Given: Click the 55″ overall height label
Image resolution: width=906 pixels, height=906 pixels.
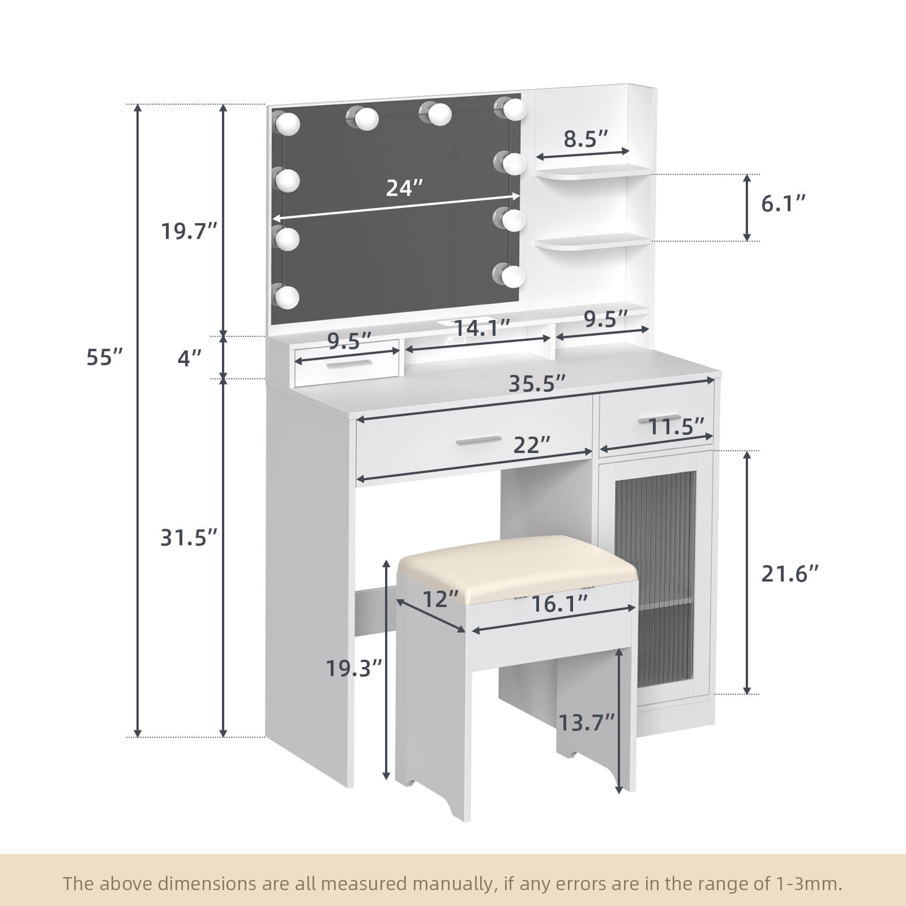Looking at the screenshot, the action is click(x=104, y=357).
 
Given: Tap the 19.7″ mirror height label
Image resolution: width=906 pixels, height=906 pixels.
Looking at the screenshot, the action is click(x=189, y=231).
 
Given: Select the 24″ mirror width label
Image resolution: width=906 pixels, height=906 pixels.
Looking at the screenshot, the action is click(x=404, y=187).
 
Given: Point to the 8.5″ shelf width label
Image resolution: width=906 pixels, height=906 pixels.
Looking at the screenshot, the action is click(x=586, y=138).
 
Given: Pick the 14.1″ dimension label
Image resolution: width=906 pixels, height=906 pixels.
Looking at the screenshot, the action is click(x=482, y=327).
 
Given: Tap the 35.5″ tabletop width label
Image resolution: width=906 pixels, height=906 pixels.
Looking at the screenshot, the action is click(x=537, y=383).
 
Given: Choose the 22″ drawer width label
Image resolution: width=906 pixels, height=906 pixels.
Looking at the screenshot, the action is click(x=532, y=445).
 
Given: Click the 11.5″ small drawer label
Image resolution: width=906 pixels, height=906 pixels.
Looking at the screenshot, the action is click(x=676, y=426).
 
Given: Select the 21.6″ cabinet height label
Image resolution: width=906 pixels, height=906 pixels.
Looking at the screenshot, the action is click(x=790, y=574).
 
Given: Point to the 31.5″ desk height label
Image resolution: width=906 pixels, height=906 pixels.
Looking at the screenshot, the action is click(x=189, y=537).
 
